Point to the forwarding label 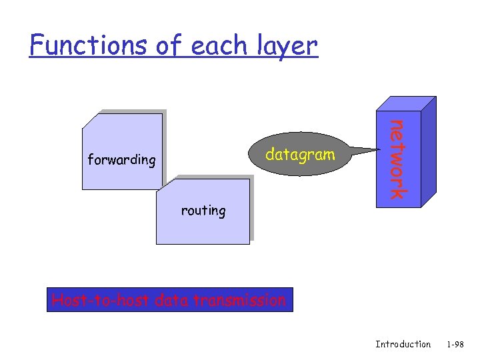point(121,160)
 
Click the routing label point(203,211)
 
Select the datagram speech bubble point(299,155)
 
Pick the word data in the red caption point(171,301)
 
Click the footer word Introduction point(403,344)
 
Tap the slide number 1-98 point(456,344)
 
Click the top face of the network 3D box point(406,103)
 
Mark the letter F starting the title point(36,45)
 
